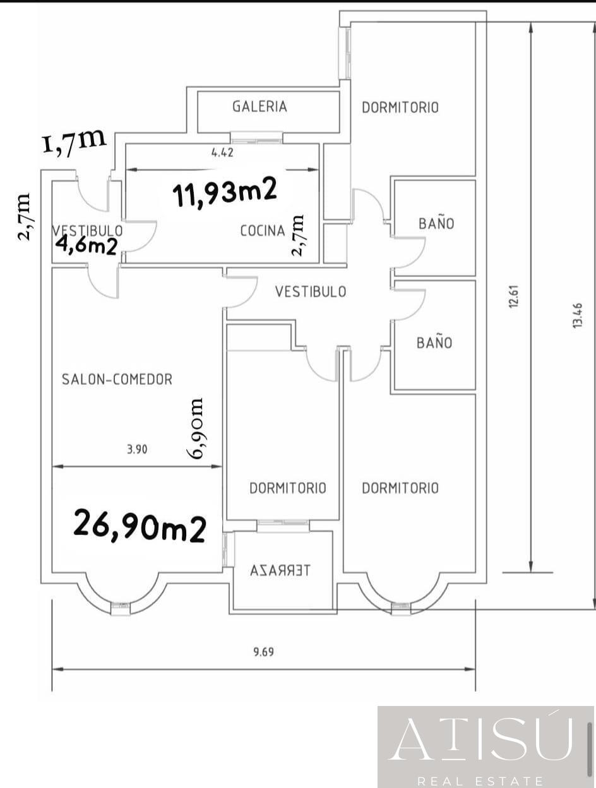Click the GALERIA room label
[259, 107]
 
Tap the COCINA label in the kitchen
[263, 231]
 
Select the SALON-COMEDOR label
[117, 379]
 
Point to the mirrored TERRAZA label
[280, 570]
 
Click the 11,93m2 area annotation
[225, 192]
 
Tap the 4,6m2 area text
[86, 247]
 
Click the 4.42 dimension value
[222, 153]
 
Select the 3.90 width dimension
[137, 449]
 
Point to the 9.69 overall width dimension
[264, 652]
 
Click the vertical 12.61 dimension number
[514, 296]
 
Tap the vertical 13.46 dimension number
[577, 315]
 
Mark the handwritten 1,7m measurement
[74, 141]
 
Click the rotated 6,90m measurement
[196, 428]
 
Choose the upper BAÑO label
[436, 223]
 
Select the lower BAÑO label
[434, 342]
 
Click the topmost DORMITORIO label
[400, 108]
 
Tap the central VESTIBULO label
[311, 291]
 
